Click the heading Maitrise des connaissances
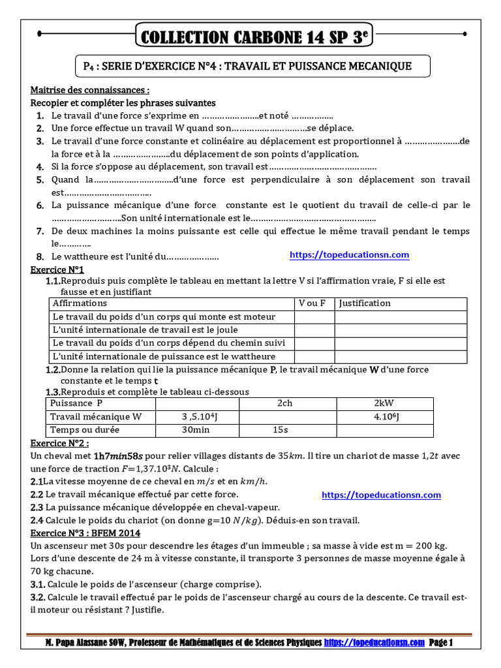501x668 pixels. (90, 90)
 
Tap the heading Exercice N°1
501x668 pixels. (57, 269)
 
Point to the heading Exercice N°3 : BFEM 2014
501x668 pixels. (85, 533)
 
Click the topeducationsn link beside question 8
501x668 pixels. (349, 255)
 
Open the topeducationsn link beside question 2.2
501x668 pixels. (382, 495)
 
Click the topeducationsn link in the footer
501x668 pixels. (374, 643)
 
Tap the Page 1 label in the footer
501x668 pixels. (441, 643)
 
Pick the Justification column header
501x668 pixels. (365, 303)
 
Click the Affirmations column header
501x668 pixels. (80, 303)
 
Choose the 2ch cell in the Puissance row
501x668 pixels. (284, 403)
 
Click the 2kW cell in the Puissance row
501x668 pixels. (384, 403)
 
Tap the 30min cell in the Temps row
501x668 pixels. (195, 431)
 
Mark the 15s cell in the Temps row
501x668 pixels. (280, 431)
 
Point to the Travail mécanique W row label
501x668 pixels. (95, 417)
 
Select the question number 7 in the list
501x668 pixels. (40, 232)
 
